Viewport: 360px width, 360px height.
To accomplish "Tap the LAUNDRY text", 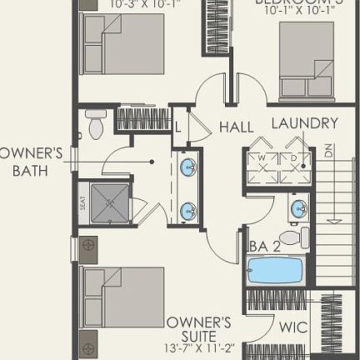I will click(305, 123).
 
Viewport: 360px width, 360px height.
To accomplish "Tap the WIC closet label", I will click(293, 327).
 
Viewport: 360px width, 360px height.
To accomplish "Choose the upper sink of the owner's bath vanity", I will click(189, 165).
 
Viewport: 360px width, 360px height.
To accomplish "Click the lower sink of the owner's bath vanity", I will click(189, 211).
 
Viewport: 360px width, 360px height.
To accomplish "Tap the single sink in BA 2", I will click(298, 207).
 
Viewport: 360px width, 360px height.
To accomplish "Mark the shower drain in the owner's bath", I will click(109, 202).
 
